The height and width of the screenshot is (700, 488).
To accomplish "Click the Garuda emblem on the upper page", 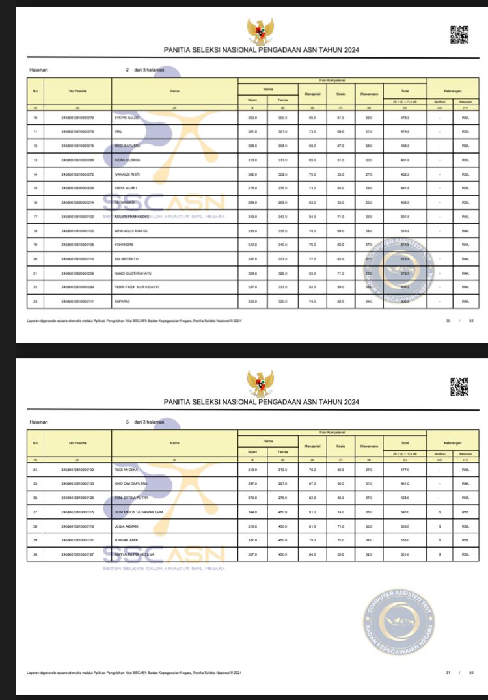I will point(260,31).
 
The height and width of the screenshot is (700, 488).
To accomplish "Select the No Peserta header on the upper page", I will point(77,91).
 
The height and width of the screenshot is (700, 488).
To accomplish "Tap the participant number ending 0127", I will point(77,554).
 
